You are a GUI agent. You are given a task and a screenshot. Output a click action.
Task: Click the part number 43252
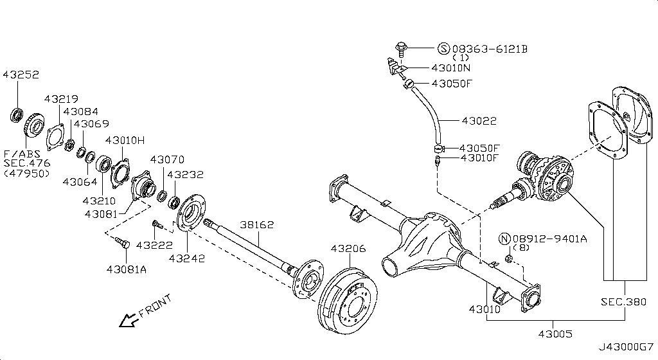pos(21,75)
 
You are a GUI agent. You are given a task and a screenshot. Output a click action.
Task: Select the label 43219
pos(61,99)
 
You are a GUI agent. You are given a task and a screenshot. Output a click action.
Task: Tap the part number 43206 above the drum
pos(348,249)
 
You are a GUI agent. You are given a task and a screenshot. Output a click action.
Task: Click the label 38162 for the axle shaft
pos(257,225)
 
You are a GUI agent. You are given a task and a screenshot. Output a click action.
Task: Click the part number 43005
pos(556,334)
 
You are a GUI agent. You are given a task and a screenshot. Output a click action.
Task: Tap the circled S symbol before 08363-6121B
pos(443,49)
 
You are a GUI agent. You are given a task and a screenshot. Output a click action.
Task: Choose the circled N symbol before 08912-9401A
pos(504,239)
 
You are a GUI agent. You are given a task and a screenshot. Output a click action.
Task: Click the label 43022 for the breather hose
pos(478,121)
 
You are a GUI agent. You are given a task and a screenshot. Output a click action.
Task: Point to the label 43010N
pos(450,67)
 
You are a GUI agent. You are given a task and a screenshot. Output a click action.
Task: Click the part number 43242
pos(187,258)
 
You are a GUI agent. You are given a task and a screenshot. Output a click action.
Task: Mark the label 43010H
pos(125,140)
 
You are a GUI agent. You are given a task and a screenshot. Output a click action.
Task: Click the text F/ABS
pos(21,154)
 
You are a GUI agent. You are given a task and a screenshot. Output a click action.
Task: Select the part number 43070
pos(168,159)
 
